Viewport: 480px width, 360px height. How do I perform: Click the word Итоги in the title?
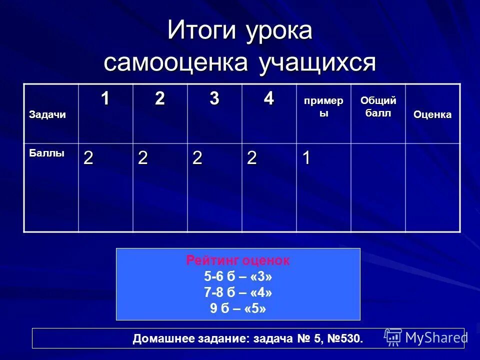click(201, 31)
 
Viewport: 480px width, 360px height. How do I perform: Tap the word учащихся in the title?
click(317, 63)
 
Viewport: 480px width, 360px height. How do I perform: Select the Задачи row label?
click(47, 115)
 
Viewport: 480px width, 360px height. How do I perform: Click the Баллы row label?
click(46, 153)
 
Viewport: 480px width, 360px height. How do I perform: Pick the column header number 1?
click(105, 99)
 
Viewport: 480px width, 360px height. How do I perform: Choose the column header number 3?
click(214, 99)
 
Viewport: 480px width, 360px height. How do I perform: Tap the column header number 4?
click(269, 99)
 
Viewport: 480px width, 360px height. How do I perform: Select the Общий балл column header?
click(378, 107)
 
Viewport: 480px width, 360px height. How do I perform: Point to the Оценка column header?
click(432, 115)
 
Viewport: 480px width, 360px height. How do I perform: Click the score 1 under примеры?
click(306, 158)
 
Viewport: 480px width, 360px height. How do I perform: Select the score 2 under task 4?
click(251, 158)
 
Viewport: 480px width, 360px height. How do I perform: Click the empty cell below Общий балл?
click(378, 187)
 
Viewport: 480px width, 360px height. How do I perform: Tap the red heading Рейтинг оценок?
click(238, 260)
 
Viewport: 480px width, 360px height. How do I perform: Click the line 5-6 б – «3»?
click(238, 276)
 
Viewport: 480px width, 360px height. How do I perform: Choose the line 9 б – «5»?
click(238, 308)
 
